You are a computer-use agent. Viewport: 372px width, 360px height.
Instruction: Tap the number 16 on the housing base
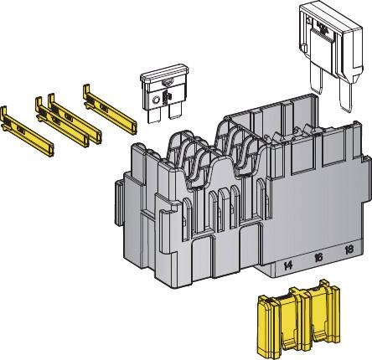(318, 258)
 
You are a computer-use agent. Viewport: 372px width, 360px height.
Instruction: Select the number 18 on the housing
(349, 251)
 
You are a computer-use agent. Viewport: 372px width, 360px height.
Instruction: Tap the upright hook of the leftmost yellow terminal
(8, 111)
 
